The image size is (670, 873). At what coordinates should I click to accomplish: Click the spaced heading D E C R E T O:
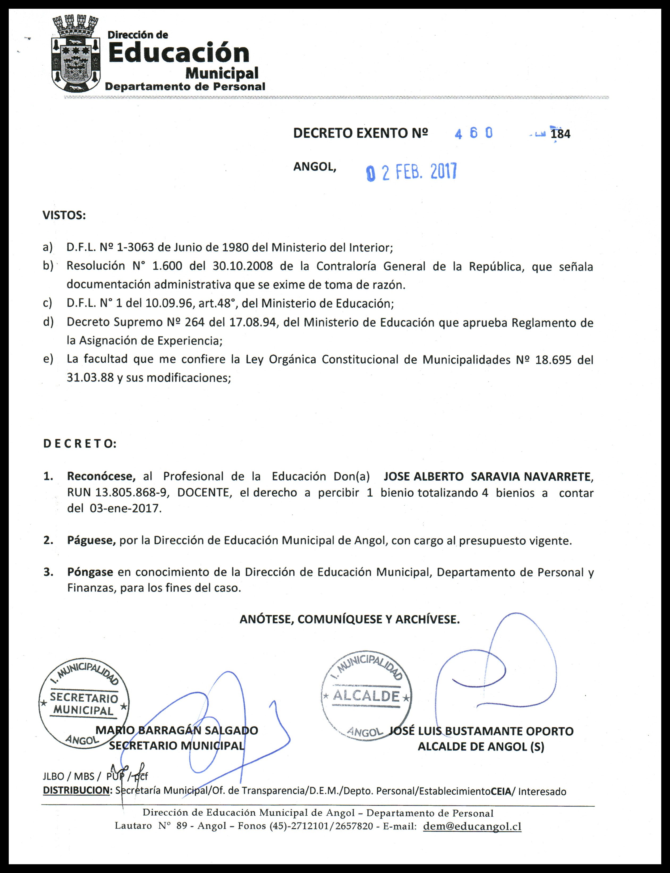[80, 444]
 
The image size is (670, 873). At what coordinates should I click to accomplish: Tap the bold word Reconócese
[101, 476]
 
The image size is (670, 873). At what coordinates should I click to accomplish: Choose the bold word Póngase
[90, 572]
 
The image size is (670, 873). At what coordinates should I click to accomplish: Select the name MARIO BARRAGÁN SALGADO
[177, 730]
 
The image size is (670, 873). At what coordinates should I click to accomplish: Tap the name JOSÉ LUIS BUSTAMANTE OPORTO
[481, 731]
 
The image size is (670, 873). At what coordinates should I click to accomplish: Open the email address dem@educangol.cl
[472, 826]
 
